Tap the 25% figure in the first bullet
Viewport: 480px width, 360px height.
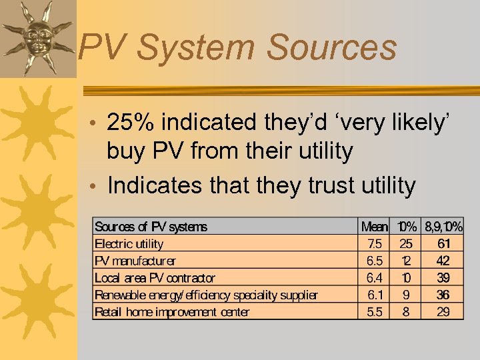[x=131, y=123]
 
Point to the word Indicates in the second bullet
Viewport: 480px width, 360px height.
[x=157, y=185]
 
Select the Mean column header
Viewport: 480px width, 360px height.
[x=375, y=227]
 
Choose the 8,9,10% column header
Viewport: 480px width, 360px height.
[x=444, y=227]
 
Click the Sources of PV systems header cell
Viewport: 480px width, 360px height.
[x=151, y=227]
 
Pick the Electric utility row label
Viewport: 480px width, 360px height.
[x=129, y=243]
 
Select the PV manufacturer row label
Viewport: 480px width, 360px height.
[x=135, y=261]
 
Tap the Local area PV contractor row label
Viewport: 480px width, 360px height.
[x=155, y=278]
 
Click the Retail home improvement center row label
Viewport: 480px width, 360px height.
[x=172, y=312]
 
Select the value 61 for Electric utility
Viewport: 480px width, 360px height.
[x=443, y=243]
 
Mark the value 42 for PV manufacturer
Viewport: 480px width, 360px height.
[x=443, y=261]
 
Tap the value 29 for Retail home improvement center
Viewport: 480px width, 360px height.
[x=443, y=312]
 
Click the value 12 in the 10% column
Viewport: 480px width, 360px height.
[x=405, y=261]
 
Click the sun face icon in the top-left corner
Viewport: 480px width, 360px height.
[x=37, y=37]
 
